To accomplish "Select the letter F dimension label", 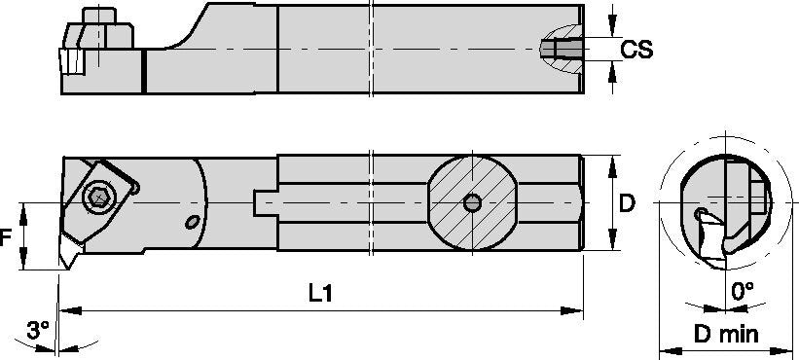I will pos(7,236).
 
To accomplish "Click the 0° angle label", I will pos(743,290).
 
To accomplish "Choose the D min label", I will pos(726,334).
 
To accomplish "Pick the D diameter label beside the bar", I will pos(628,203).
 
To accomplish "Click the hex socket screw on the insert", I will pos(97,197).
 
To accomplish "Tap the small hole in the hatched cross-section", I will pos(471,202).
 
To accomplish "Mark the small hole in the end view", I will pos(700,212).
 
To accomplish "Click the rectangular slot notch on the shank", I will pos(263,202).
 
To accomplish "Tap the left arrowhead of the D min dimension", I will pos(665,349).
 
